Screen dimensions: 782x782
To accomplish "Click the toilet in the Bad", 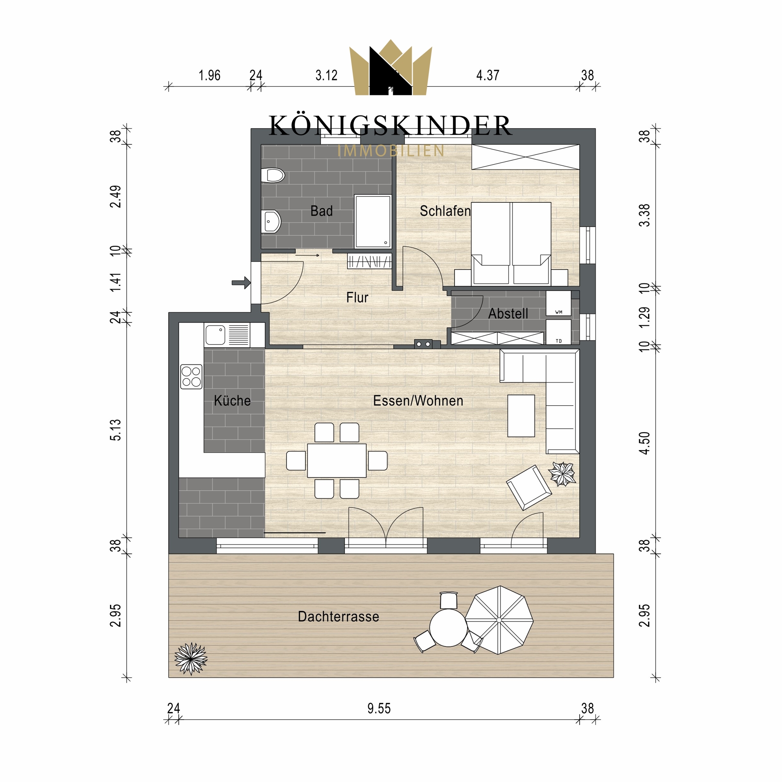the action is click(272, 176).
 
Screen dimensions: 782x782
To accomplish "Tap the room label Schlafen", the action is click(445, 211).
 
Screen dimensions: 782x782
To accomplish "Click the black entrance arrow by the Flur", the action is click(241, 283).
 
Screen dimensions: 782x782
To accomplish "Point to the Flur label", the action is click(357, 298).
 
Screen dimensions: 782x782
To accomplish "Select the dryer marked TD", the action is click(558, 332).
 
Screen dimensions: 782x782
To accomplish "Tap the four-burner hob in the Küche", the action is click(191, 377).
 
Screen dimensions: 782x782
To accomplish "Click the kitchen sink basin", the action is click(215, 335).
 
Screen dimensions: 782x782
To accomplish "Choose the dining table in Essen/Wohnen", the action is click(337, 461).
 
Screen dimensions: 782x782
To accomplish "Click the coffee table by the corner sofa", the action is click(521, 416).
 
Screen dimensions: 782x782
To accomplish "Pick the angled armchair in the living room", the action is click(529, 488).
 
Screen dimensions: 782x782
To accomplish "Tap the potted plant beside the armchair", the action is click(562, 474).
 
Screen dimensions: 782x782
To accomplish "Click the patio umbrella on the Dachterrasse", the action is click(499, 620).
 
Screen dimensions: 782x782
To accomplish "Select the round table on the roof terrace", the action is click(448, 628).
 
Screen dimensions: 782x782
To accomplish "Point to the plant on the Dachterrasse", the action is click(191, 658).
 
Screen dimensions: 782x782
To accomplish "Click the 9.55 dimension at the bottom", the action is click(379, 709).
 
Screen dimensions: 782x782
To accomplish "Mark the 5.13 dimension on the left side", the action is click(115, 430).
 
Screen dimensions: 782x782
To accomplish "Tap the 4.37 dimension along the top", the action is click(488, 75).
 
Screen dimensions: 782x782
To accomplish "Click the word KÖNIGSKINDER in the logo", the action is click(390, 125).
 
